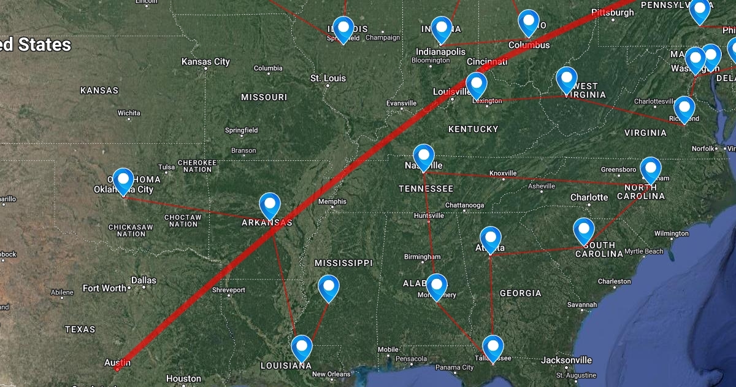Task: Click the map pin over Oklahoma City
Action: (125, 180)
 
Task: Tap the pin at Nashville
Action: (424, 155)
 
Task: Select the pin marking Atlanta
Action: (491, 238)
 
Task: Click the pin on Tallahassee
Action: (493, 346)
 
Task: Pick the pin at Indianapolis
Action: (442, 28)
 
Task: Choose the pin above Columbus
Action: (528, 21)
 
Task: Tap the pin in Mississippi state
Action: (329, 286)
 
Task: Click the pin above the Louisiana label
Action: (302, 347)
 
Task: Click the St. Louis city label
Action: (328, 78)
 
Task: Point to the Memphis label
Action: (332, 201)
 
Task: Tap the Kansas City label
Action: (205, 61)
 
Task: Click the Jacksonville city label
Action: (566, 360)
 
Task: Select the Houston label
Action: (183, 379)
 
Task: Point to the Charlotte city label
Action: (589, 197)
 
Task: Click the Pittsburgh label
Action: (613, 12)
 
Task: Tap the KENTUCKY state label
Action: (473, 129)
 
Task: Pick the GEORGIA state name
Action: (520, 293)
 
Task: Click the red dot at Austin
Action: (117, 369)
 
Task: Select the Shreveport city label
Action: (228, 290)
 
